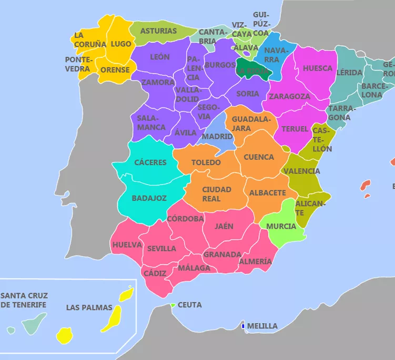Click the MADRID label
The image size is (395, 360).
[217, 136]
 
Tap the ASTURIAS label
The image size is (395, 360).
[158, 30]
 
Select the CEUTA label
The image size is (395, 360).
[189, 305]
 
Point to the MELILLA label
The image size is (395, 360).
[262, 326]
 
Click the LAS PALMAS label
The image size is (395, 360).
[89, 307]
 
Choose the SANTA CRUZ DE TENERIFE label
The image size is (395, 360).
[23, 301]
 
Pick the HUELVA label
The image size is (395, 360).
[127, 244]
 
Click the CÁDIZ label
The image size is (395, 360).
[155, 273]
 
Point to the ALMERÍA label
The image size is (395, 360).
[255, 261]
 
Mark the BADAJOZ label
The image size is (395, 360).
[149, 198]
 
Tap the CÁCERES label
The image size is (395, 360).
[150, 162]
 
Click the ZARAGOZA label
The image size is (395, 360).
[289, 97]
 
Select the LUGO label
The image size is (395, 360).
[121, 44]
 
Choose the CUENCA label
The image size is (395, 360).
[258, 157]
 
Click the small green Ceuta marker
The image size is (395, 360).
[173, 305]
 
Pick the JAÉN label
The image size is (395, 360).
[224, 227]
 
